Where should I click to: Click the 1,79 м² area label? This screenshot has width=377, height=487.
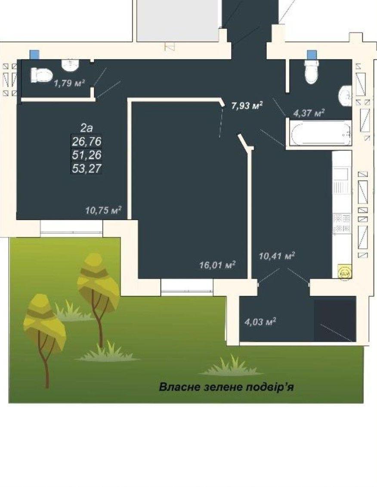[x=69, y=83]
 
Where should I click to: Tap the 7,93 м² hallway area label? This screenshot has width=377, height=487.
[x=247, y=105]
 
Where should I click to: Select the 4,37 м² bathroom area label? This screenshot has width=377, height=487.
[x=309, y=113]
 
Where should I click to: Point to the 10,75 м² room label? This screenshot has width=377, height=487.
[x=103, y=210]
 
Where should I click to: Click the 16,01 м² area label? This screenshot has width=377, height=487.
[x=217, y=265]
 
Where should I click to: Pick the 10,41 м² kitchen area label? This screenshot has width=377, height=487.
[x=277, y=256]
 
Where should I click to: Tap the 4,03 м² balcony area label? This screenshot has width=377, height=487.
[x=260, y=322]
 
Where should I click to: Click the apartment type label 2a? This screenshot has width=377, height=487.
[x=87, y=128]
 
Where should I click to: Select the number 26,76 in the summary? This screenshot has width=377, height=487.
[x=87, y=141]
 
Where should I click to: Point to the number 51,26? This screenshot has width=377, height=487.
[x=87, y=155]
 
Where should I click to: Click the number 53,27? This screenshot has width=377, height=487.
[x=87, y=169]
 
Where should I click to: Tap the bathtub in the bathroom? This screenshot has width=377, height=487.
[x=320, y=134]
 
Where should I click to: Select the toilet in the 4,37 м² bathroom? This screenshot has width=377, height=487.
[x=312, y=72]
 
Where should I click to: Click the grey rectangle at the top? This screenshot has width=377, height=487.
[x=178, y=21]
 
